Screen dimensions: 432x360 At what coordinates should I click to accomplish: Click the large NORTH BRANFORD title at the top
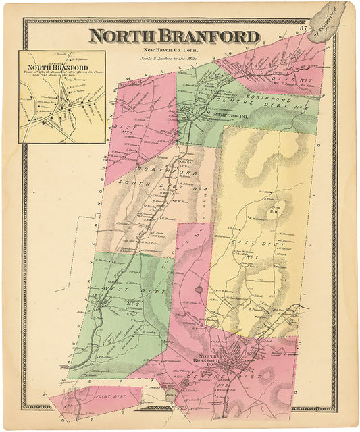point(174,36)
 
